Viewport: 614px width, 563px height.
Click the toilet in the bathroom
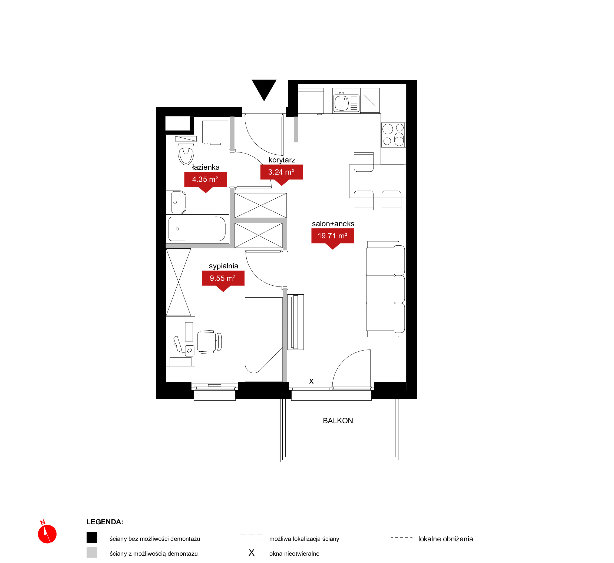(x=186, y=154)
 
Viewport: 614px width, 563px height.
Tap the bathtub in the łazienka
(x=197, y=229)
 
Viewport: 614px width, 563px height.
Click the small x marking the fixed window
(x=311, y=381)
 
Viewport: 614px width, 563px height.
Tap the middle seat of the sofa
(x=385, y=289)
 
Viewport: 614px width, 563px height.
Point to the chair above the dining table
(x=364, y=162)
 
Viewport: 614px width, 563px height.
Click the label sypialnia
(x=223, y=266)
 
